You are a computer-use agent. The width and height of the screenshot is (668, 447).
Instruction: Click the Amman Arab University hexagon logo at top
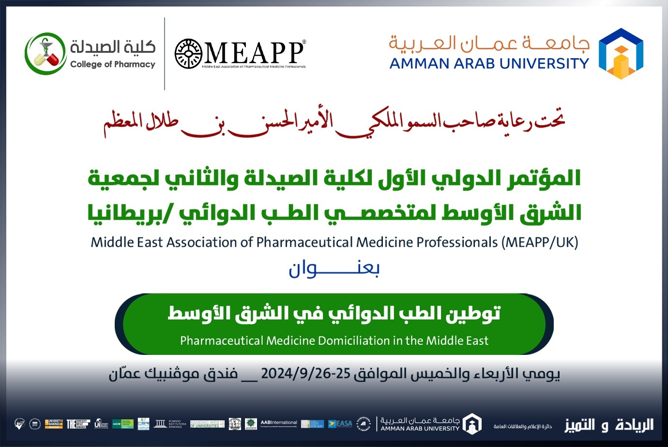(x=621, y=53)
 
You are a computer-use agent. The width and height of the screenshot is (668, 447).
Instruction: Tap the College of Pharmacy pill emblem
(x=46, y=53)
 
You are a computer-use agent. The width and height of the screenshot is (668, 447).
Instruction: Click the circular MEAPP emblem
(x=188, y=53)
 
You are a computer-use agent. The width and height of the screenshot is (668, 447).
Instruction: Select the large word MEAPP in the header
(x=254, y=52)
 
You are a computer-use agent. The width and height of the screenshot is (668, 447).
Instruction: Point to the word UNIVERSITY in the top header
(x=544, y=64)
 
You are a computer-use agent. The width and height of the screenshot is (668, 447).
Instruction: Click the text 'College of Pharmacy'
(x=112, y=64)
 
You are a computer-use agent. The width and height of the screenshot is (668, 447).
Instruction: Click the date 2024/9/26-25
(x=305, y=373)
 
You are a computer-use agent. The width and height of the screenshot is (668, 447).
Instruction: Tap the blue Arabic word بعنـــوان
(x=334, y=269)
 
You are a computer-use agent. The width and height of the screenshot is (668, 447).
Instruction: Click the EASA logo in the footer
(x=340, y=424)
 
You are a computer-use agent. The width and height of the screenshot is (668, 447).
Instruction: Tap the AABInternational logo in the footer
(x=279, y=423)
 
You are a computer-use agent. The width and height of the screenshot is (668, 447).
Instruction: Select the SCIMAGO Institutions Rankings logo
(x=170, y=424)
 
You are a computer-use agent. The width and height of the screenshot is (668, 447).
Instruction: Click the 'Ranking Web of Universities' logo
(x=207, y=424)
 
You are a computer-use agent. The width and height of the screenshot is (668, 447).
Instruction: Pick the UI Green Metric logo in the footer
(x=101, y=424)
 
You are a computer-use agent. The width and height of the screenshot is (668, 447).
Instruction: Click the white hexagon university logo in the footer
(x=471, y=424)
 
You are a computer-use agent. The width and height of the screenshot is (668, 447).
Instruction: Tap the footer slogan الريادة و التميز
(x=609, y=425)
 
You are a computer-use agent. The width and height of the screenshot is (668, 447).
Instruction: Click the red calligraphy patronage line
(x=334, y=122)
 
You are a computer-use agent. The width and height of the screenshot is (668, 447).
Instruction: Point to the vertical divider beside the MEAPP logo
(x=165, y=53)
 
